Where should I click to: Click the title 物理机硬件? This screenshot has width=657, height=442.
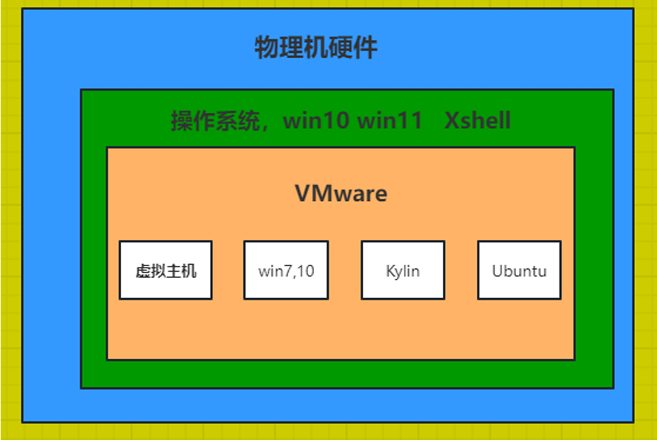(x=316, y=47)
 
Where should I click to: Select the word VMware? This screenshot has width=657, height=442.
(x=341, y=194)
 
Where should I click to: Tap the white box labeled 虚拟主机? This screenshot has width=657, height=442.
(x=166, y=270)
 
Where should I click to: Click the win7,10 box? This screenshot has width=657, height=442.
(x=286, y=270)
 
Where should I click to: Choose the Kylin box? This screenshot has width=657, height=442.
(x=403, y=270)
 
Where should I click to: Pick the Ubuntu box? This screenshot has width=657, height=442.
(x=519, y=270)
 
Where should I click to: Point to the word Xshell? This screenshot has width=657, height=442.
(x=477, y=120)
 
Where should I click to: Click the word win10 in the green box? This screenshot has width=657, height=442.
(x=317, y=120)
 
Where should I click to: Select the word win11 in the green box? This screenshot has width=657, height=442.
(x=389, y=120)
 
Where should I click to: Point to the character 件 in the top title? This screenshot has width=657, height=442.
(x=365, y=47)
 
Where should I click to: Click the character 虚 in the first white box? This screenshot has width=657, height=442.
(x=143, y=270)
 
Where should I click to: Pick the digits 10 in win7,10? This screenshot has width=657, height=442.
(x=306, y=270)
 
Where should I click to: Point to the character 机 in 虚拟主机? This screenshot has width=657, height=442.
(x=189, y=270)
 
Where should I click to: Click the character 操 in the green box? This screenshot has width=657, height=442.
(x=180, y=121)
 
